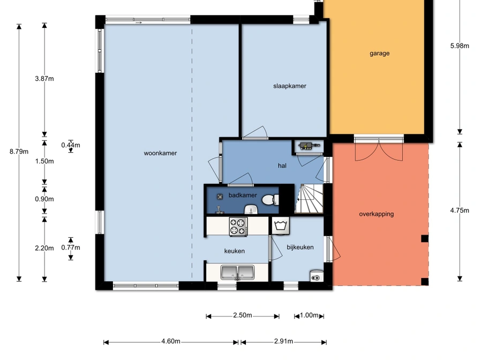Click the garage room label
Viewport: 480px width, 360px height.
coord(380,54)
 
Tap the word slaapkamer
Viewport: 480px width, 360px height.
coord(290,86)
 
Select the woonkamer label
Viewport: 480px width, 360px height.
coord(160,153)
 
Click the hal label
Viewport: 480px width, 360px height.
coord(282,166)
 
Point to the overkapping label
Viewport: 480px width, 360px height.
coord(376,214)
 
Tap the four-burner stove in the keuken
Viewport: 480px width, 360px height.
coord(238,227)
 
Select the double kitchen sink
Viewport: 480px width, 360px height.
coord(237,273)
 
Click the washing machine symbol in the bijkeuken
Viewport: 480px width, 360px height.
coord(281,226)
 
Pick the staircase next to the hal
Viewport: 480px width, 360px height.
coord(309,198)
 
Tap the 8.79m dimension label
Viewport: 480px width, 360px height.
coord(19,152)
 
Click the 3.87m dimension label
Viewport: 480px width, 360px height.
coord(44,79)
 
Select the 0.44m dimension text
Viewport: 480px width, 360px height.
coord(71,145)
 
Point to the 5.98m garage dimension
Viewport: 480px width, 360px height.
coord(460,46)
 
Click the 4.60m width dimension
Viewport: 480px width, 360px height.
coord(171,341)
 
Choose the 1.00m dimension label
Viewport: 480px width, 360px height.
coord(309,315)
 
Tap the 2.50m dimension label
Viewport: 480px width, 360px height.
coord(243,315)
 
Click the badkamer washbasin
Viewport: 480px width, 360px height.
coord(252,209)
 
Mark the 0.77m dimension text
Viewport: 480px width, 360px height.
coord(71,247)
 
